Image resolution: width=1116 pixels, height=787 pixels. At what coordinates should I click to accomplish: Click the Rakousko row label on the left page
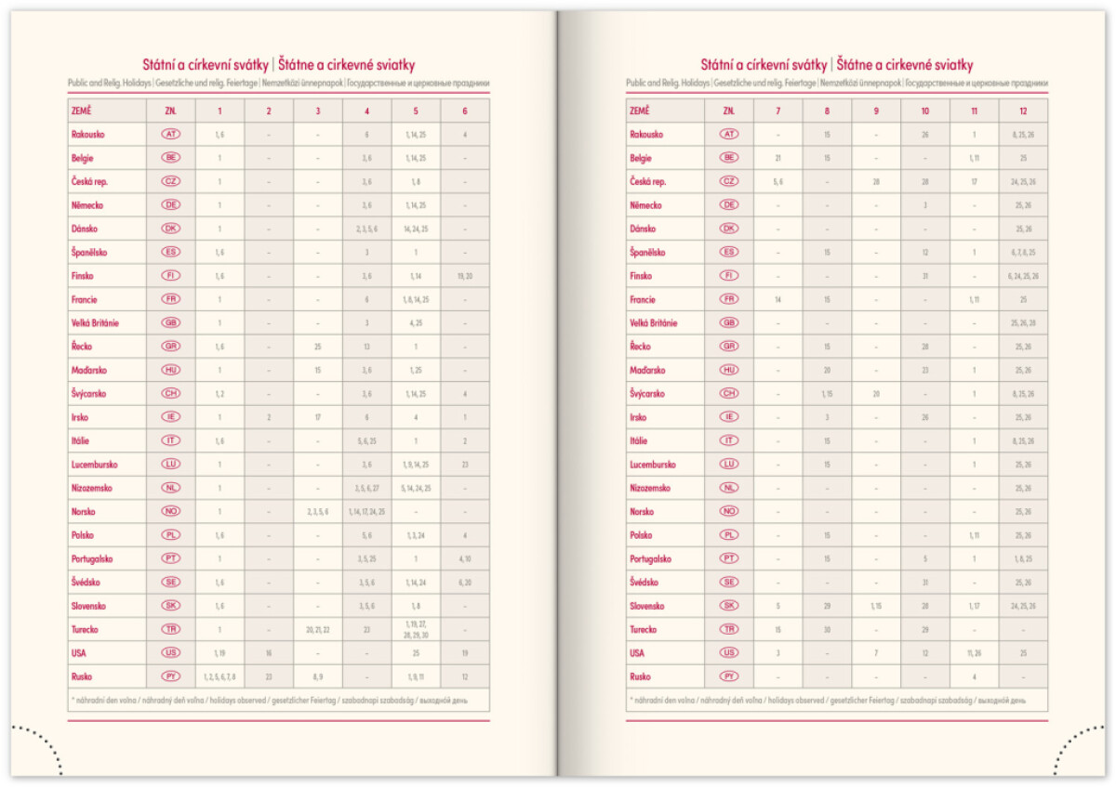tap(88, 134)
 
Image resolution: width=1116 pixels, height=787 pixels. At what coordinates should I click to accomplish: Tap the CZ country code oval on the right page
tap(729, 181)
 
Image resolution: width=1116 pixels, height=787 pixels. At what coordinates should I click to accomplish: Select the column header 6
tap(465, 111)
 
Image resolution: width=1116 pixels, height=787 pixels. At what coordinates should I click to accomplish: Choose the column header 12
tap(1023, 111)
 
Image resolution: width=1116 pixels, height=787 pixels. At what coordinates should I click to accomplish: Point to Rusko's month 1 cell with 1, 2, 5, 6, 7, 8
tap(219, 676)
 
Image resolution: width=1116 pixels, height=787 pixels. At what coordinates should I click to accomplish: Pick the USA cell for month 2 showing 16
tap(269, 653)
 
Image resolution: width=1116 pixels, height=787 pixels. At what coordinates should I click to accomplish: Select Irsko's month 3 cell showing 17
tap(318, 417)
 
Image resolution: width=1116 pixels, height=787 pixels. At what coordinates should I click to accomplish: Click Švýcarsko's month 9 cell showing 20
tap(876, 394)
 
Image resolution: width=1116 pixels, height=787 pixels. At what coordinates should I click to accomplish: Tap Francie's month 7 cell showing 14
tap(777, 299)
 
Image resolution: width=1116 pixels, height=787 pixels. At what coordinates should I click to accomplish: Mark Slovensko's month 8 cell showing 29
tap(827, 606)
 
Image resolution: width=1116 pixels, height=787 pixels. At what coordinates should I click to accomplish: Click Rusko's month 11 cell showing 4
tap(974, 676)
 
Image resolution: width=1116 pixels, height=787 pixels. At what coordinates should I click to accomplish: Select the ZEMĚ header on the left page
tap(82, 111)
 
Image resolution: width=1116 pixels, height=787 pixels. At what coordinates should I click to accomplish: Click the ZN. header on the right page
tap(729, 111)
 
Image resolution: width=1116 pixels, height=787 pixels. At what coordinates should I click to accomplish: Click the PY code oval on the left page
tap(171, 676)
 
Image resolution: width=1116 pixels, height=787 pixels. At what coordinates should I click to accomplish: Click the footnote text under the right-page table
tap(827, 700)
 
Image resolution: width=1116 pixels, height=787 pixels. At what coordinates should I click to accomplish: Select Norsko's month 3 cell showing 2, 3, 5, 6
tap(318, 511)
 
